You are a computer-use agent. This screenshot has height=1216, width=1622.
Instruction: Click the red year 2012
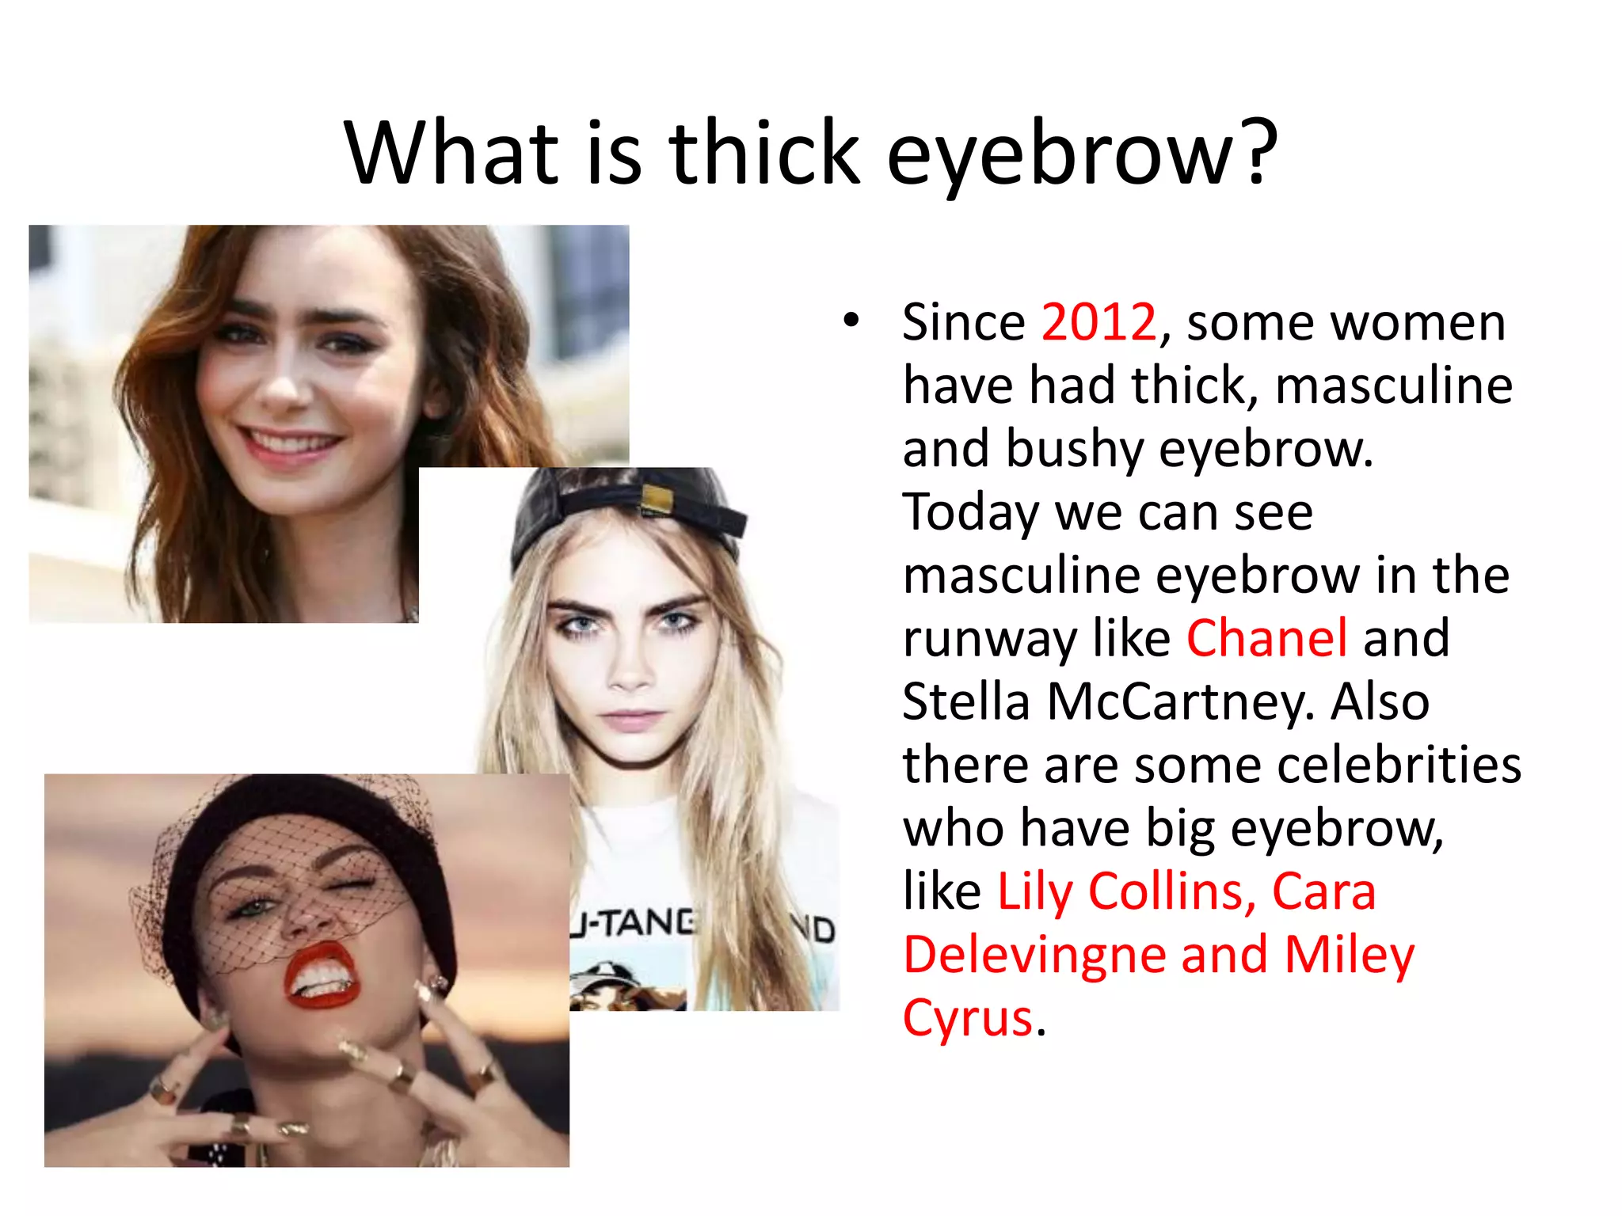[x=1098, y=323]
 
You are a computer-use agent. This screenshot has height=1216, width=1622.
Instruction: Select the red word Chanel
[x=1266, y=639]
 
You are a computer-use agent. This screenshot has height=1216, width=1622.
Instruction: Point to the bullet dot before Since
[x=851, y=321]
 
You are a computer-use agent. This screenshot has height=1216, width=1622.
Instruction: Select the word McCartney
[x=1180, y=702]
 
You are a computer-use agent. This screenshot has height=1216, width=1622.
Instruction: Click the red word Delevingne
[x=1034, y=955]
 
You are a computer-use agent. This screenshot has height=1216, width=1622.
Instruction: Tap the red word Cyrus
[x=968, y=1018]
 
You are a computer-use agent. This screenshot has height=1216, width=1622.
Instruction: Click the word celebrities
[x=1398, y=766]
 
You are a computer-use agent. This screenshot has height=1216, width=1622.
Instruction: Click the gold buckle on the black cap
[x=657, y=500]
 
